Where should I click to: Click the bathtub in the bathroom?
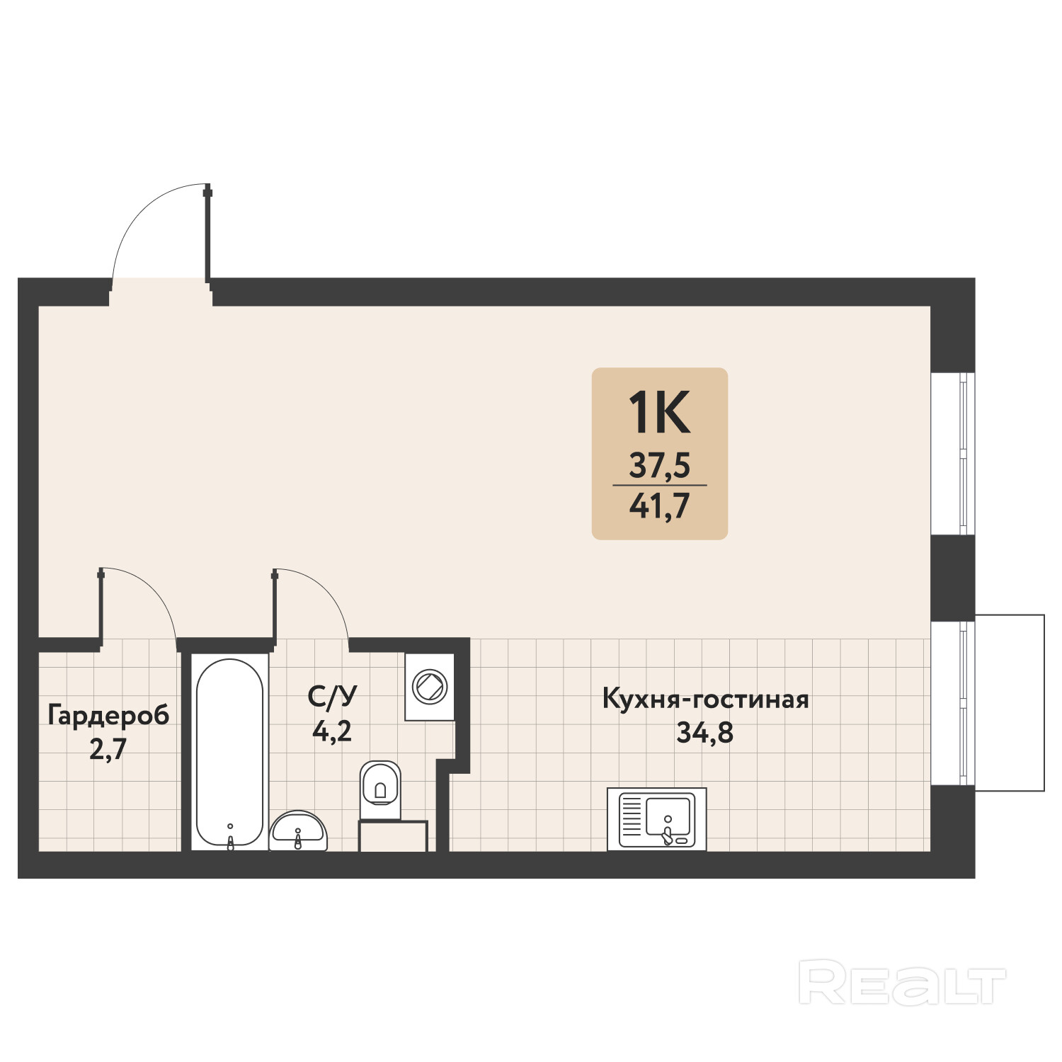pos(229,752)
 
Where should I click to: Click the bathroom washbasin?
pos(298,830)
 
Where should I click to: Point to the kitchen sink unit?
pos(657,819)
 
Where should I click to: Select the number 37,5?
pos(660,466)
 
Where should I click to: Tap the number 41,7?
pos(660,506)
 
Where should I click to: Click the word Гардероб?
pos(108,716)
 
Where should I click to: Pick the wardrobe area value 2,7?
pos(108,748)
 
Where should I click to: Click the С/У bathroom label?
pos(332,697)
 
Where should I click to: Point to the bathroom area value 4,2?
pos(332,730)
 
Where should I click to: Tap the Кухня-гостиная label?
pos(705,700)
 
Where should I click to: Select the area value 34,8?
pos(705,732)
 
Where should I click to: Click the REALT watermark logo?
pos(903,982)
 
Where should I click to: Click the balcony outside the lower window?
pos(1010,702)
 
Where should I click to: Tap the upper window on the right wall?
pos(953,453)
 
